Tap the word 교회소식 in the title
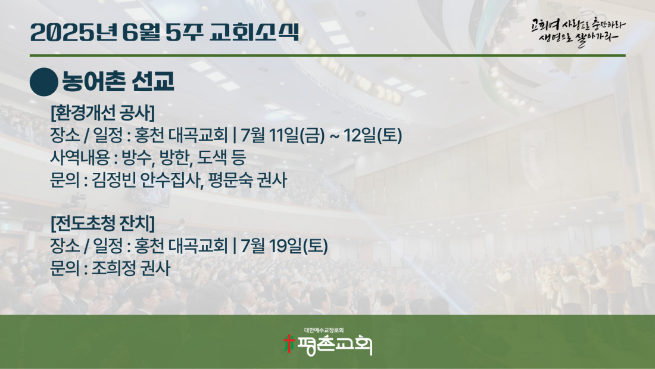tap(254, 32)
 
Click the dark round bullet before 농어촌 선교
tap(44, 82)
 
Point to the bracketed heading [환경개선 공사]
tap(103, 113)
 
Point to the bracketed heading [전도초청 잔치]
tap(103, 223)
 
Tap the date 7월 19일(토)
tap(284, 246)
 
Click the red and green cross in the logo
tap(289, 343)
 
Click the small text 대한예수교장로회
tap(324, 330)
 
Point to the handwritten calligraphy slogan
tap(578, 32)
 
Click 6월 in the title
tap(141, 32)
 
